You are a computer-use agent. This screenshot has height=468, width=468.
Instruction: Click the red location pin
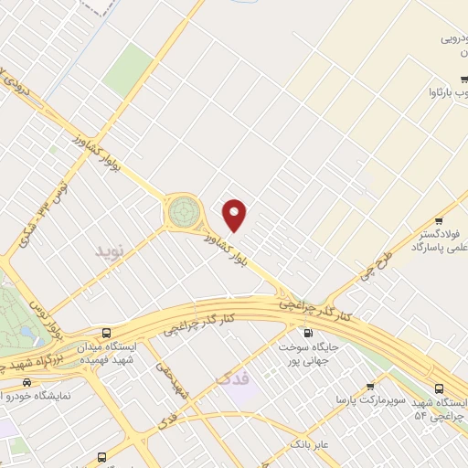click(236, 215)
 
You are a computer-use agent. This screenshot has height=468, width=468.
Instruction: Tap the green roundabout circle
click(183, 211)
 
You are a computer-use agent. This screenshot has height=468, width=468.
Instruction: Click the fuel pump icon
click(306, 333)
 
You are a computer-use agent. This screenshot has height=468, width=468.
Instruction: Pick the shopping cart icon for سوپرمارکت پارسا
click(370, 387)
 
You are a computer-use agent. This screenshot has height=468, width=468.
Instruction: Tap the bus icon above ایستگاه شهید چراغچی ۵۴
click(454, 387)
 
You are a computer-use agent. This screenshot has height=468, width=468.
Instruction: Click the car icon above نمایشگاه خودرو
click(27, 382)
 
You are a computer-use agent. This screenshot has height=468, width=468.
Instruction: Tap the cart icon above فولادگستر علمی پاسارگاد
click(440, 220)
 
